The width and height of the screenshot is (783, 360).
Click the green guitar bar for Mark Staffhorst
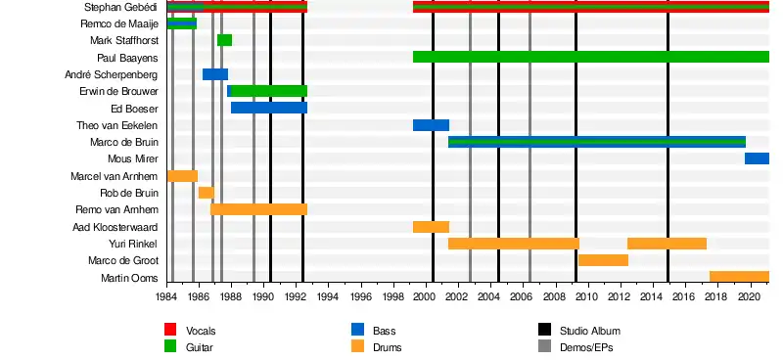[x=224, y=40]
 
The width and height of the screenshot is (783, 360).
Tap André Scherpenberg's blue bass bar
[x=215, y=74]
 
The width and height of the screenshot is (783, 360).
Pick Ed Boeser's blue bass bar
[x=268, y=108]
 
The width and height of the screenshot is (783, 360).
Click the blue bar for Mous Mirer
[x=757, y=158]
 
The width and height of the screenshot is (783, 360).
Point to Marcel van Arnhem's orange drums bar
[x=183, y=176]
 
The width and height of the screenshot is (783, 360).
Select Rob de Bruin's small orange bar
[x=207, y=193]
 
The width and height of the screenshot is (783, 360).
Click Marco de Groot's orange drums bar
[x=603, y=260]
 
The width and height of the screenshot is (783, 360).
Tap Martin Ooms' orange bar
[x=739, y=277]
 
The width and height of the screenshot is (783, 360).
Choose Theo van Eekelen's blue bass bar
[x=431, y=125]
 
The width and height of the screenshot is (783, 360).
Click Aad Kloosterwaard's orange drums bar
[x=431, y=227]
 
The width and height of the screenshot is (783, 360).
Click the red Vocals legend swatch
[x=170, y=330]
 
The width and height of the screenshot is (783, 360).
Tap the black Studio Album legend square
[x=545, y=330]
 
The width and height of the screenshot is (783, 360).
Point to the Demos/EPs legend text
[x=586, y=347]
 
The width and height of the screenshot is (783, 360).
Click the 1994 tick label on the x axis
[x=329, y=296]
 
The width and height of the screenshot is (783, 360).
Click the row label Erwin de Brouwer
[x=118, y=91]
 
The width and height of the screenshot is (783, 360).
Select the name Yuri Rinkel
[x=133, y=244]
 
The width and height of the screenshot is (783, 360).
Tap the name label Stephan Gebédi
[x=120, y=7]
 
